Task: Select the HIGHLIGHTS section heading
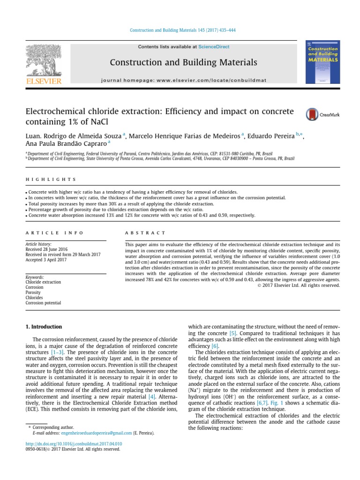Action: click(x=51, y=180)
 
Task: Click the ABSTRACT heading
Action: click(x=145, y=232)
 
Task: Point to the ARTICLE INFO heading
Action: click(x=54, y=232)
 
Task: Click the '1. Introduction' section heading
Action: click(x=43, y=326)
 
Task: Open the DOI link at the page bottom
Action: click(x=74, y=443)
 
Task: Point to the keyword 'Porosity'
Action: click(x=33, y=292)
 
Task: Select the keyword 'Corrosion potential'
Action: click(x=43, y=303)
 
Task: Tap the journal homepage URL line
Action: click(x=184, y=80)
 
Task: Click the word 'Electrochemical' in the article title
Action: click(x=55, y=112)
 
